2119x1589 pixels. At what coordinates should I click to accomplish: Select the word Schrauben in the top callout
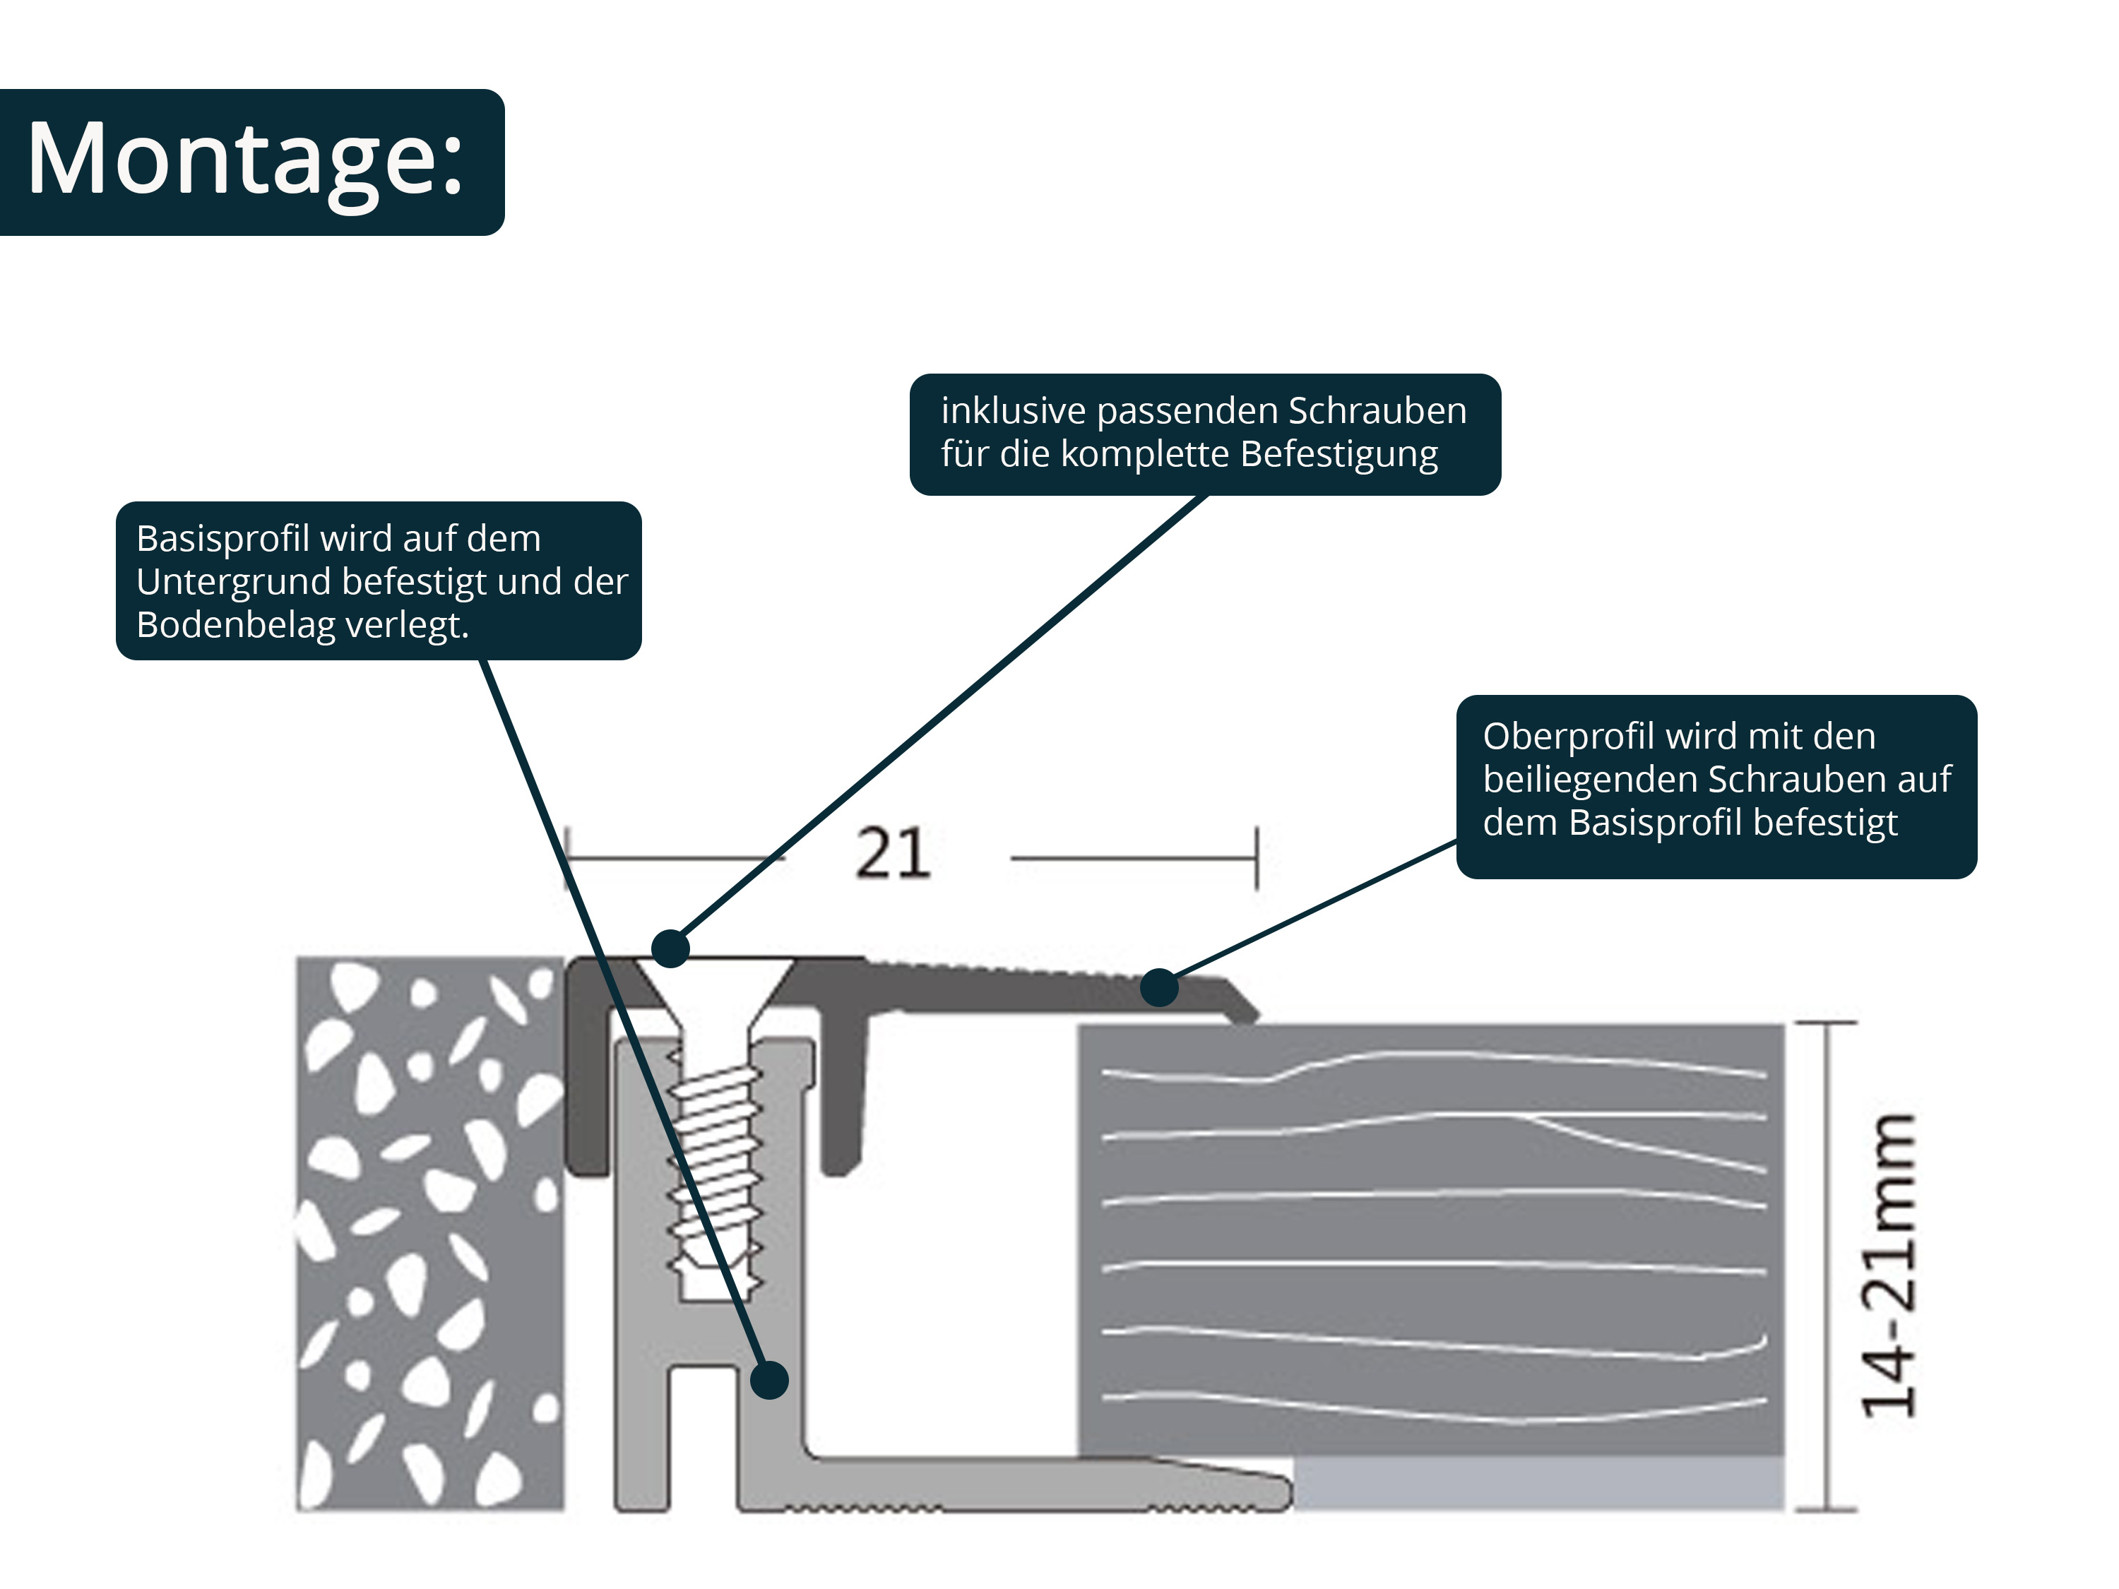[x=1377, y=411]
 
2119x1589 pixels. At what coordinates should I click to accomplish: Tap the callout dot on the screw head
[x=670, y=948]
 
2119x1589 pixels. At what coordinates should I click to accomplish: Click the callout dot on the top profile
[x=1159, y=987]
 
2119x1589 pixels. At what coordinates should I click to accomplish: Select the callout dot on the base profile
[x=769, y=1380]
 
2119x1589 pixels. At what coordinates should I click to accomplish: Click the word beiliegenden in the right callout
[x=1589, y=780]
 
